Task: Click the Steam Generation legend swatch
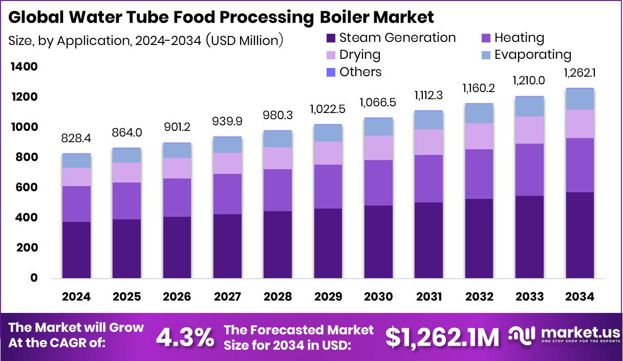330,38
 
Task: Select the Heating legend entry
519,38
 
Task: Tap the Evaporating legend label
532,55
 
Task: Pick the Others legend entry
360,72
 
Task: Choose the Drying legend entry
360,55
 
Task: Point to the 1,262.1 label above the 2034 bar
580,74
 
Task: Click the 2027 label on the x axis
227,297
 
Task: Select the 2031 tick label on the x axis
428,297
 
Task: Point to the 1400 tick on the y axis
24,67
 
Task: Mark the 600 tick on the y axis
27,188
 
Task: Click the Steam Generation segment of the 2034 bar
580,235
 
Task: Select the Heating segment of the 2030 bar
378,183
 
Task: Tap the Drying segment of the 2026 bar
177,168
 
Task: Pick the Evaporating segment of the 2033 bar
530,106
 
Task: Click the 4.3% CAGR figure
185,337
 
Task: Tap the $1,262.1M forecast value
442,337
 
